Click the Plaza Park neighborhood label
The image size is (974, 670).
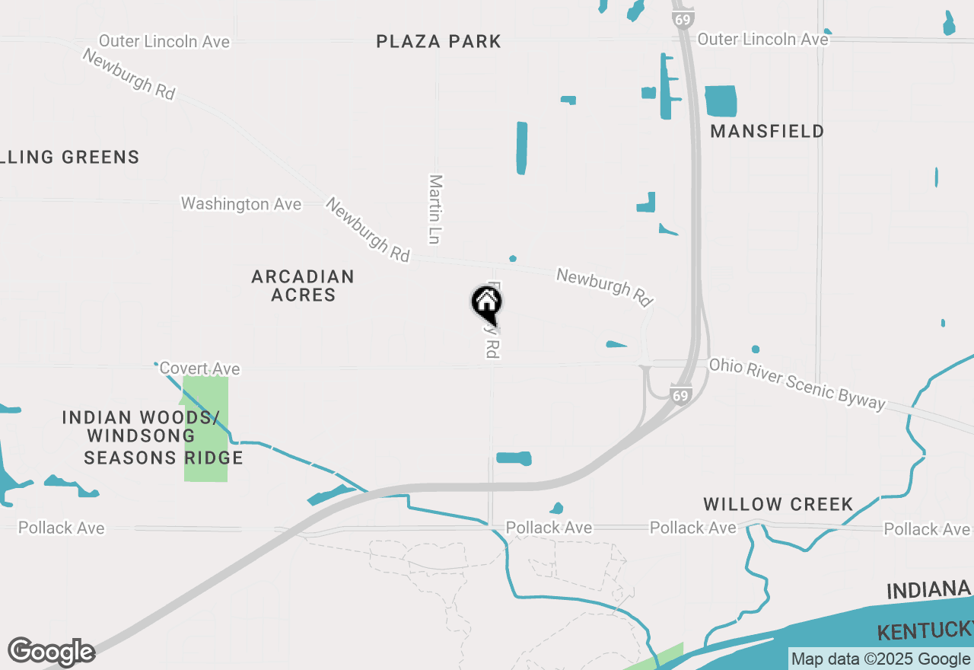pyautogui.click(x=439, y=41)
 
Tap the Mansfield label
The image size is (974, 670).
pyautogui.click(x=767, y=131)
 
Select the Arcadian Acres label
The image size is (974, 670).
pyautogui.click(x=303, y=286)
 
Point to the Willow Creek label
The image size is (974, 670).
pyautogui.click(x=778, y=504)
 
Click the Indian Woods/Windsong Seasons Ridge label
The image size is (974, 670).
pyautogui.click(x=152, y=438)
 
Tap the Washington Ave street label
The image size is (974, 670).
pyautogui.click(x=240, y=204)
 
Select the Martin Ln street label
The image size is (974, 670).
pyautogui.click(x=434, y=209)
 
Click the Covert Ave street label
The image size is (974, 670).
pyautogui.click(x=199, y=368)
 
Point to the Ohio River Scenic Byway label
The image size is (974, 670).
pyautogui.click(x=797, y=384)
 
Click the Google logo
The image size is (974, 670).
pyautogui.click(x=51, y=652)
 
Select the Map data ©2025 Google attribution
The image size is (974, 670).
pyautogui.click(x=880, y=659)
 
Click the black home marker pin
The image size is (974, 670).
pyautogui.click(x=486, y=305)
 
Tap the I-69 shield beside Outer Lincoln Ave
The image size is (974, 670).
pyautogui.click(x=683, y=18)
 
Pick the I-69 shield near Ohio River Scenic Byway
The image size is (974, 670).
pyautogui.click(x=680, y=395)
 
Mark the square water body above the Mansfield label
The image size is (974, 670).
pyautogui.click(x=721, y=101)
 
